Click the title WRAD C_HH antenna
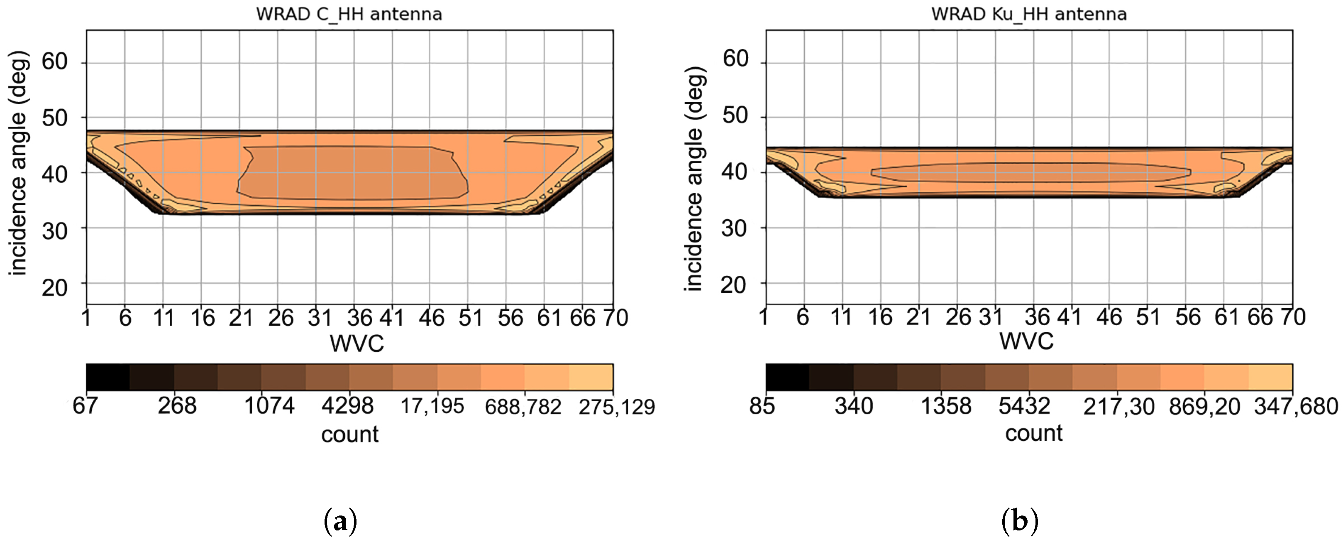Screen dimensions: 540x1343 tap(349, 14)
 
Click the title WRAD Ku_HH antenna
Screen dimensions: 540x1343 tap(1029, 14)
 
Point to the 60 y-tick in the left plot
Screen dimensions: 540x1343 tap(55, 61)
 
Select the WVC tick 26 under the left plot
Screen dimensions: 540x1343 tap(281, 318)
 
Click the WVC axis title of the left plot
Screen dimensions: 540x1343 tap(357, 343)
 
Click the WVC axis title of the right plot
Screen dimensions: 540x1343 tap(1026, 341)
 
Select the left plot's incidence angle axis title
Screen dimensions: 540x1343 tap(18, 163)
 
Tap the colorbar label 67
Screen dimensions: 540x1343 tap(85, 405)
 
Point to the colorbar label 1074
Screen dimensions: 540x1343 tap(269, 405)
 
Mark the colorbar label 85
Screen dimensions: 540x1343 tap(762, 406)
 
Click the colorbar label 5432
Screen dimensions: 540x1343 tap(1024, 406)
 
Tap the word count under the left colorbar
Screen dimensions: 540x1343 tap(349, 434)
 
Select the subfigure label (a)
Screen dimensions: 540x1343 tap(340, 521)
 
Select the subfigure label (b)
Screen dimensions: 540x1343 tap(1020, 521)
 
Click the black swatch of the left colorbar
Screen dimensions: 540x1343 tap(108, 377)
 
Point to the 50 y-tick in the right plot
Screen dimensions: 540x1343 tap(735, 115)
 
